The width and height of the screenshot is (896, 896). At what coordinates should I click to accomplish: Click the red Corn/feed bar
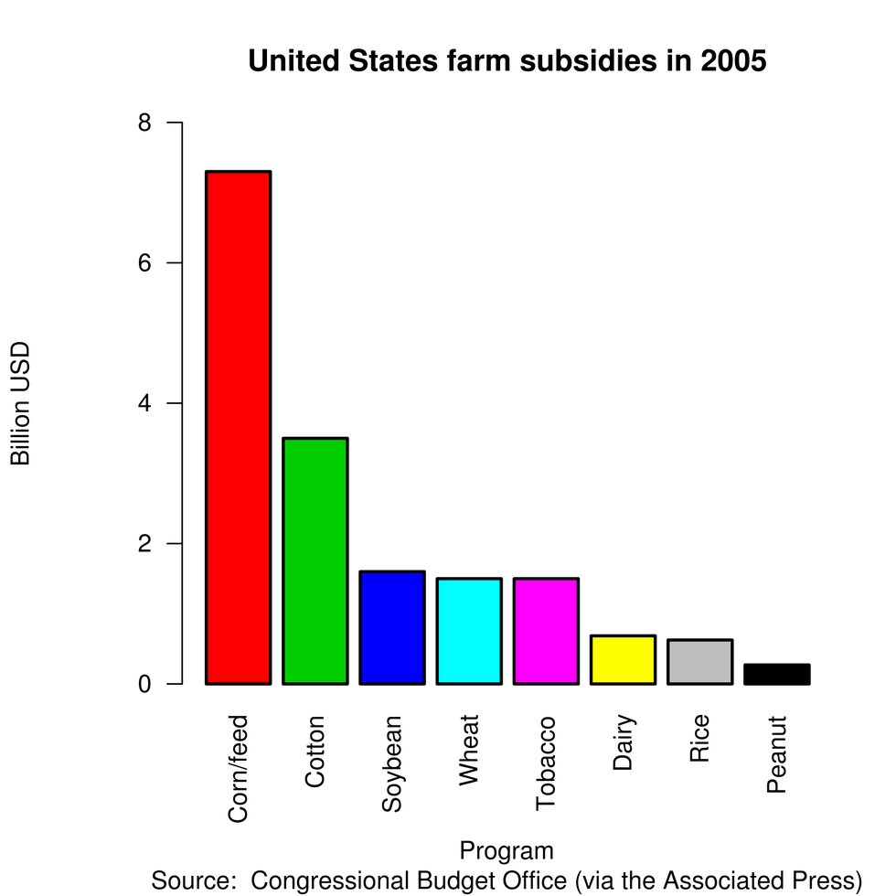click(238, 427)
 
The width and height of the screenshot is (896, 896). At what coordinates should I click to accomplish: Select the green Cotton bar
click(315, 560)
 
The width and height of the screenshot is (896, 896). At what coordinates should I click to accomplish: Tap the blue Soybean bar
click(391, 627)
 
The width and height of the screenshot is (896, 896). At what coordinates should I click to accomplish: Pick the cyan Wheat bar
click(468, 631)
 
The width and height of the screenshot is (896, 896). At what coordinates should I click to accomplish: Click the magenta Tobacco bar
click(546, 631)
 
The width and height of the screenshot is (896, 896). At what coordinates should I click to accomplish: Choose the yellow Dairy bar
click(623, 659)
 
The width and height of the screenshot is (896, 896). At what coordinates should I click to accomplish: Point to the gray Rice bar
click(699, 661)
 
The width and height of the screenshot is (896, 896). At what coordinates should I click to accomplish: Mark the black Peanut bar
click(776, 674)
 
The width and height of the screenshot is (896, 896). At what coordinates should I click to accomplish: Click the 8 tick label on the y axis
click(144, 123)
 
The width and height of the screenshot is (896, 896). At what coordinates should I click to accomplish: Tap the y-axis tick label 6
click(144, 263)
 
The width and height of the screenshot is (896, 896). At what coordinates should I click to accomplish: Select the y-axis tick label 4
click(144, 403)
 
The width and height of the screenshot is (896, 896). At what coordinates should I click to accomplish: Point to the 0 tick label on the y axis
click(144, 684)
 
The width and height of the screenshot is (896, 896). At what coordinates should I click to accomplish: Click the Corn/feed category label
click(238, 769)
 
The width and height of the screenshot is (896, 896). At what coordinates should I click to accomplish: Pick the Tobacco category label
click(546, 763)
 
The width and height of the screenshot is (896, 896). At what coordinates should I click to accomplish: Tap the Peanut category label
click(776, 754)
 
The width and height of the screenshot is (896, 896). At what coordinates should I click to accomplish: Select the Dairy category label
click(623, 743)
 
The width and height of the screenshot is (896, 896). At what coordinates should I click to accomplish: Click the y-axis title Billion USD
click(21, 403)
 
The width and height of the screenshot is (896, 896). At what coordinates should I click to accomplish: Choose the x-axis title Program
click(507, 850)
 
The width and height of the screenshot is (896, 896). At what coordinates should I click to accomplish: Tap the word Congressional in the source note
click(332, 880)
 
